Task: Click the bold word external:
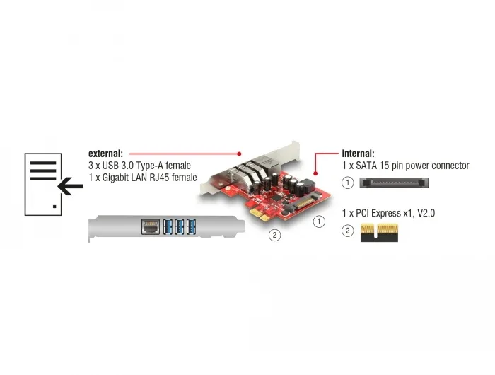105,154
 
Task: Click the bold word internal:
358,154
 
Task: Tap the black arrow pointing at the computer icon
71,186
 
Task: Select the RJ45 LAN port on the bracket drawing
150,226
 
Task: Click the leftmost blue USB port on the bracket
168,226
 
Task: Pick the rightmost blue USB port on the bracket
191,226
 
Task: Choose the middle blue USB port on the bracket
180,226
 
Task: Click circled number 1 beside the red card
319,221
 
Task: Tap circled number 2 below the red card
274,235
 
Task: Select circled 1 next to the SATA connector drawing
348,183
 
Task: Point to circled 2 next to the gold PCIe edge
348,231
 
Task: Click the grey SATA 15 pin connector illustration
394,183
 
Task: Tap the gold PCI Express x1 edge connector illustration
379,233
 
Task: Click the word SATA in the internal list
366,166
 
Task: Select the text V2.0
426,213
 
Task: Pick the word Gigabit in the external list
115,178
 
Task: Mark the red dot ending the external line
239,154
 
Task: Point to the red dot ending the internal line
315,173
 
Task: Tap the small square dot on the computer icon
54,207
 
